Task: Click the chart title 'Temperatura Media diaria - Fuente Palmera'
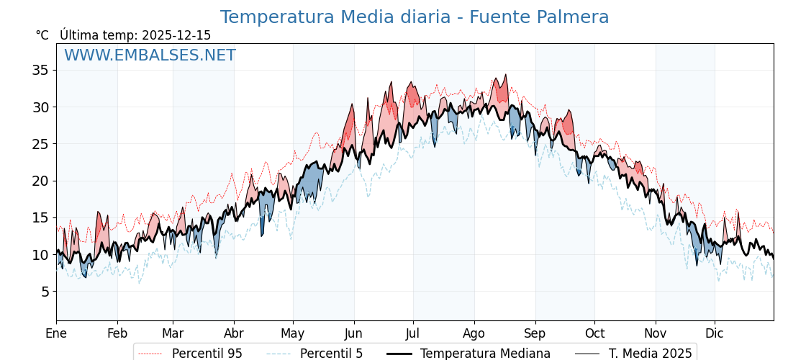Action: [x=414, y=17]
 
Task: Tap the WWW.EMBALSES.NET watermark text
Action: [x=150, y=55]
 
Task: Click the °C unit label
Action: [x=42, y=35]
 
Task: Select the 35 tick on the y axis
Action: [x=40, y=70]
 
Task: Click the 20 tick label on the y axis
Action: [x=40, y=181]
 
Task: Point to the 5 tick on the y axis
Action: [x=44, y=292]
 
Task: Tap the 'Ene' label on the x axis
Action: [x=56, y=333]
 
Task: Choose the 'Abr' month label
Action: [x=234, y=333]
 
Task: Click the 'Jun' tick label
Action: [x=354, y=333]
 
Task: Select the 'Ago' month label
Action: [x=474, y=333]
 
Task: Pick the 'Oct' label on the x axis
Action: [x=594, y=333]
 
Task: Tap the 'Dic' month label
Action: [x=715, y=333]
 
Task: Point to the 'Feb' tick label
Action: [x=117, y=333]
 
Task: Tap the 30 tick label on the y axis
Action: [x=40, y=107]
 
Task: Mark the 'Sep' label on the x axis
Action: [x=535, y=333]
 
